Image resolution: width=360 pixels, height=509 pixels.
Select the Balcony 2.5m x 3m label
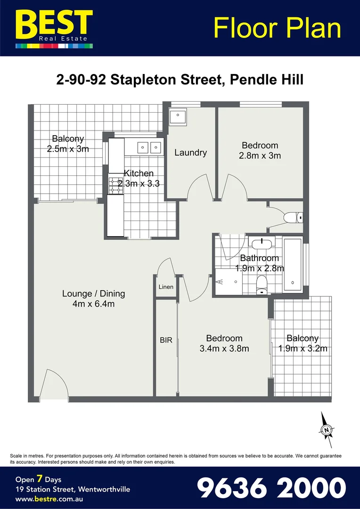click(68, 144)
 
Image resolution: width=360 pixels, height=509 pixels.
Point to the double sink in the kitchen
click(150, 148)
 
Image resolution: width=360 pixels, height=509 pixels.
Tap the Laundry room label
click(190, 153)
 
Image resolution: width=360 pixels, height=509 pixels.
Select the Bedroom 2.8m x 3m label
click(260, 150)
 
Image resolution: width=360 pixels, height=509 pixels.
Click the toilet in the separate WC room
click(293, 217)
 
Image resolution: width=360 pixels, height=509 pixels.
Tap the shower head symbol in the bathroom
click(220, 282)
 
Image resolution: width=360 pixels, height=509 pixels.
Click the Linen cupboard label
click(166, 287)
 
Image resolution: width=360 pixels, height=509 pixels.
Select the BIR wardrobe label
click(166, 340)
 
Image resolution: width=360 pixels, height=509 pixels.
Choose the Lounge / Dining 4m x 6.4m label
click(93, 299)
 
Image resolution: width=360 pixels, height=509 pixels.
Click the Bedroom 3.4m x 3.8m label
click(224, 344)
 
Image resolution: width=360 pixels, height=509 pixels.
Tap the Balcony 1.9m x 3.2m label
click(303, 344)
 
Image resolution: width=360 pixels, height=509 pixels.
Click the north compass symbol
click(326, 429)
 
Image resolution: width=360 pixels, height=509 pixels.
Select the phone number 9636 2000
click(271, 488)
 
